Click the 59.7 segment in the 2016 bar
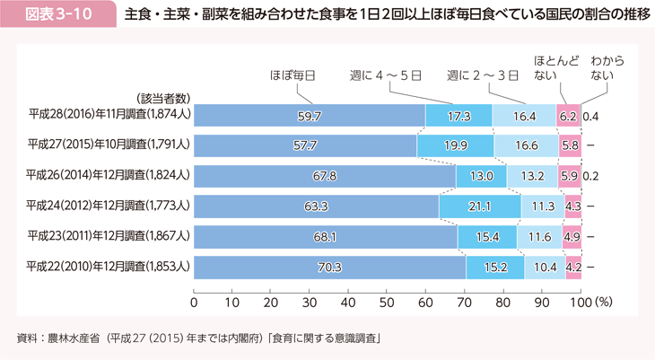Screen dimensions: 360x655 pos(310,116)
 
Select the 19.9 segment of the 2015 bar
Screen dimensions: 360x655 pos(455,145)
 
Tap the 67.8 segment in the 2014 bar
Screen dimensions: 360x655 pos(325,176)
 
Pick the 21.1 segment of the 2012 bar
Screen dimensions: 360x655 pos(480,206)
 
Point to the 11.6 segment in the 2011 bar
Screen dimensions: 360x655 pos(540,236)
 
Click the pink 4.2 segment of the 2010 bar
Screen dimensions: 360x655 pos(573,267)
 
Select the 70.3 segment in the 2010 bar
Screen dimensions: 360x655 pos(329,267)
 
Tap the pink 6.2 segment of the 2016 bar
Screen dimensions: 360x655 pos(568,116)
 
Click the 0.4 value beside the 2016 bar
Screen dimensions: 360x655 pos(591,116)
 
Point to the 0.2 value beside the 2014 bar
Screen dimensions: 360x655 pos(591,176)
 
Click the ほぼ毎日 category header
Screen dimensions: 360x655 pos(292,76)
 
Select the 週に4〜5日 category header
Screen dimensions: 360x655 pos(385,76)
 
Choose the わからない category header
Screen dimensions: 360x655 pos(607,68)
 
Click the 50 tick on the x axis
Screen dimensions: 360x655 pos(387,302)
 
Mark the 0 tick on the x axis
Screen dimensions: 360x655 pos(194,302)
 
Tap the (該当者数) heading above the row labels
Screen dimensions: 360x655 pos(162,98)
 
